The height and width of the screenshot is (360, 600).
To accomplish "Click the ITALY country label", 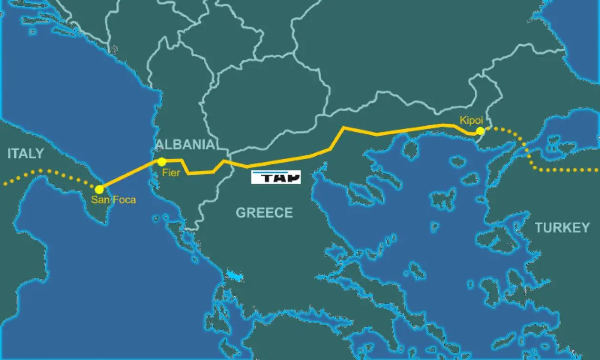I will tap(25, 153).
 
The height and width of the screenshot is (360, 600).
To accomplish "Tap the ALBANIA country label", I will tap(185, 145).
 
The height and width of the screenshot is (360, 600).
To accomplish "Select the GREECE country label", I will tap(264, 212).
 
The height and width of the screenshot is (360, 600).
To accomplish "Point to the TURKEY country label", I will tap(562, 228).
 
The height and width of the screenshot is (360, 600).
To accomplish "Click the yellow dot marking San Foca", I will tap(100, 190).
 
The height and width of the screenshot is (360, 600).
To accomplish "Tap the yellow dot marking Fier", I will tap(162, 162).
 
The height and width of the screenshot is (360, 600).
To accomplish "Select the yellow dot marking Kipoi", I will tap(480, 131).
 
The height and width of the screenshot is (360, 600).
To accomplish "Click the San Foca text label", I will tap(113, 200).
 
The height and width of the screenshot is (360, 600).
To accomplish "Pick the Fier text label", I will tap(171, 173).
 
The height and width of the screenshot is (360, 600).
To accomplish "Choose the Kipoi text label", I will tap(471, 120).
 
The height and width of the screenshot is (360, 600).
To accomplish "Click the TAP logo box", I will tap(276, 177).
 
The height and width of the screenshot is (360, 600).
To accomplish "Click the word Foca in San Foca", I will tap(124, 200).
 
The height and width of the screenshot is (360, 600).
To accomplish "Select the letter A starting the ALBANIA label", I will tap(160, 145).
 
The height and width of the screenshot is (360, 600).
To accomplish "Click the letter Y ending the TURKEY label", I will tap(585, 228).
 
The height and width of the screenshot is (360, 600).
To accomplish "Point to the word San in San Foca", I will tap(100, 200).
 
